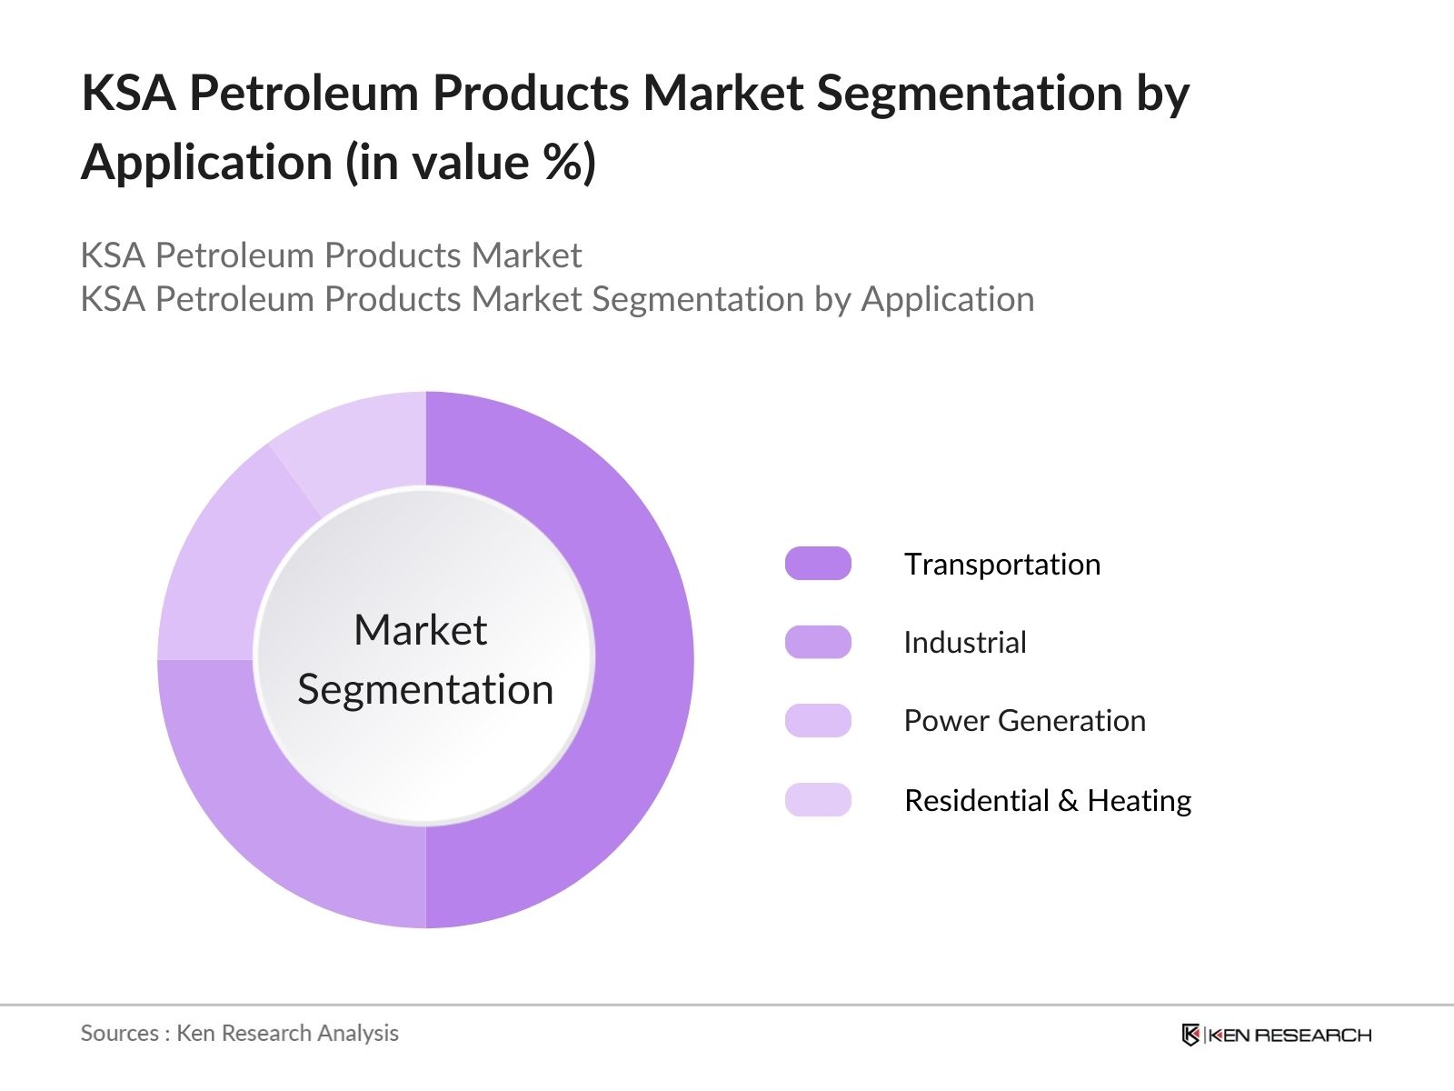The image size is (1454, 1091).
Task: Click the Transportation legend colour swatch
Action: (x=818, y=564)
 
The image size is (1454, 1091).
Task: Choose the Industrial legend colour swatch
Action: (x=818, y=642)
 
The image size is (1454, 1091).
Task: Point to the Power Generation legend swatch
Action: (x=818, y=721)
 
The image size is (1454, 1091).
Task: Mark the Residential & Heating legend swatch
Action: (x=818, y=799)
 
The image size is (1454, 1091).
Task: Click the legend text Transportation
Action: (x=1002, y=565)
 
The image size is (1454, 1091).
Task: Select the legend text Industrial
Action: (x=965, y=642)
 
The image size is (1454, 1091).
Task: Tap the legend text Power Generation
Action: (x=1025, y=721)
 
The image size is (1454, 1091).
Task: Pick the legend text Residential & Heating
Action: (x=1048, y=800)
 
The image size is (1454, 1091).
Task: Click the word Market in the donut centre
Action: (x=421, y=629)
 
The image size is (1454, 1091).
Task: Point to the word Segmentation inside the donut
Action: (x=425, y=690)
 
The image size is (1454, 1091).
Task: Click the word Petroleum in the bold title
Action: (x=304, y=92)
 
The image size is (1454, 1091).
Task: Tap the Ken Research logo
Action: (x=1276, y=1034)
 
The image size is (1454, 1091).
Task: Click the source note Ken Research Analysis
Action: (x=287, y=1033)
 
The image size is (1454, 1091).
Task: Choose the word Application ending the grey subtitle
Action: (x=947, y=300)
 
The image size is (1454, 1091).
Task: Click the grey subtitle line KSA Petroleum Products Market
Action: (x=331, y=255)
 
